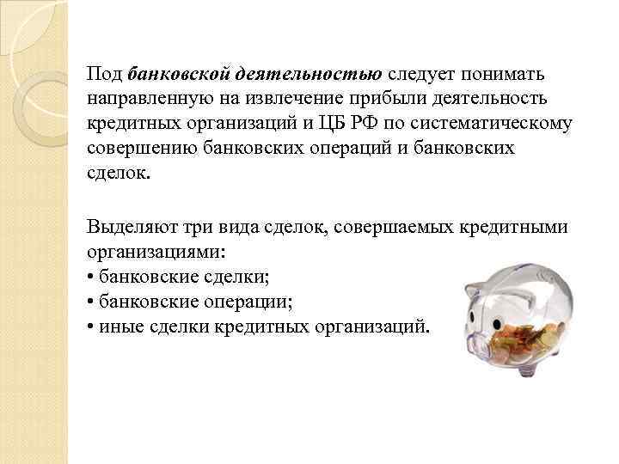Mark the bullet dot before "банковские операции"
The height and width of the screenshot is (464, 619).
(x=90, y=302)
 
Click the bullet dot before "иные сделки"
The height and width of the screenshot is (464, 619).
(x=90, y=328)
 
